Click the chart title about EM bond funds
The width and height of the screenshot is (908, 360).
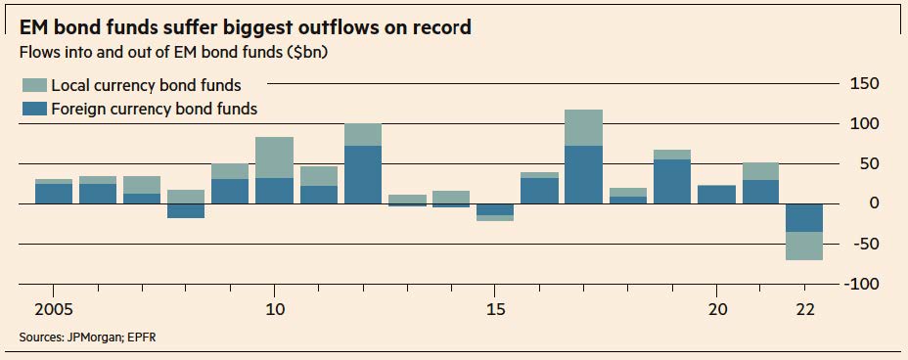tap(245, 27)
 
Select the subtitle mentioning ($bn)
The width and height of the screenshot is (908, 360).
tap(174, 52)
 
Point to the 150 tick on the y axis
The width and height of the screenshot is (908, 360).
tap(867, 84)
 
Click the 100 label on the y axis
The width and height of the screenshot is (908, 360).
tap(867, 124)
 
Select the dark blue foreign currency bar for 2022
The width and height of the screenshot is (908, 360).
tap(804, 217)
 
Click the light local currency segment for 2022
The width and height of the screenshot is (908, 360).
tap(804, 246)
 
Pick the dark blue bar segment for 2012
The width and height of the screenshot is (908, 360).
tap(363, 175)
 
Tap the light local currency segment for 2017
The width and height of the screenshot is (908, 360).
tap(584, 127)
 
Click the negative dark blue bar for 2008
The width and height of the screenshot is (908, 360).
tap(186, 210)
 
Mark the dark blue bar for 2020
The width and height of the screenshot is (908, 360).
tap(716, 195)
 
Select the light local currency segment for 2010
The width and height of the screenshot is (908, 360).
tap(275, 157)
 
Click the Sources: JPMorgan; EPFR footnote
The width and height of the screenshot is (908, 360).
tap(87, 337)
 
